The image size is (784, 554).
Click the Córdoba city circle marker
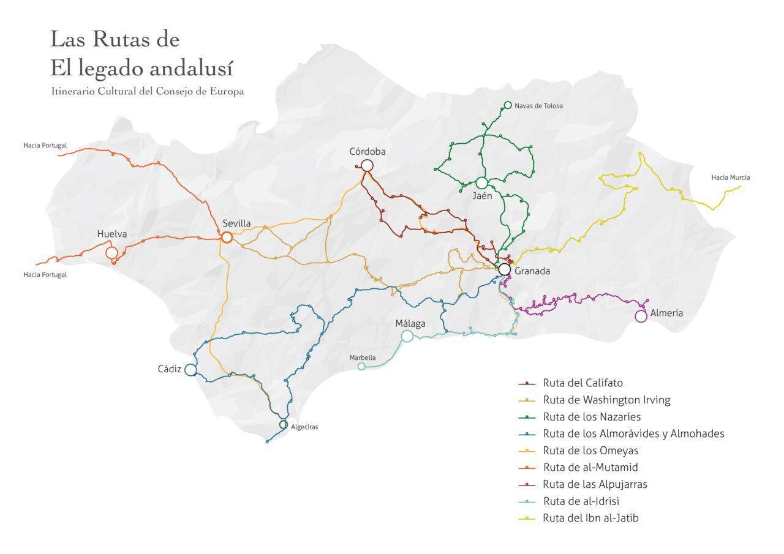pyautogui.click(x=367, y=165)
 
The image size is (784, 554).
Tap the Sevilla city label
pyautogui.click(x=236, y=223)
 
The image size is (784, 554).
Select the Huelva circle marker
pyautogui.click(x=111, y=253)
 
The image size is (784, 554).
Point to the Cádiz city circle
pyautogui.click(x=190, y=370)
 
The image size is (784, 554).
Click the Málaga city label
pyautogui.click(x=410, y=323)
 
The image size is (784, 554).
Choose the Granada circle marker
pyautogui.click(x=504, y=269)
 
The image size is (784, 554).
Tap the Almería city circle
pyautogui.click(x=641, y=316)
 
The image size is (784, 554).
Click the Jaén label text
pyautogui.click(x=482, y=197)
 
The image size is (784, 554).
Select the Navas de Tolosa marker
pyautogui.click(x=507, y=105)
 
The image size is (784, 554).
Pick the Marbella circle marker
pyautogui.click(x=361, y=367)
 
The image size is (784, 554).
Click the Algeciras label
pyautogui.click(x=304, y=427)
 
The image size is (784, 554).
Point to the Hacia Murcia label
pyautogui.click(x=730, y=178)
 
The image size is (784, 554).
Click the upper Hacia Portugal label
pyautogui.click(x=45, y=146)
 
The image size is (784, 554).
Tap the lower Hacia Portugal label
pyautogui.click(x=45, y=275)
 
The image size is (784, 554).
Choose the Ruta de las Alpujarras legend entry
pyautogui.click(x=594, y=484)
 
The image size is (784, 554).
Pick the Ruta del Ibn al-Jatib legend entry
pyautogui.click(x=590, y=518)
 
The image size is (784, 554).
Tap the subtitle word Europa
pyautogui.click(x=228, y=91)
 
